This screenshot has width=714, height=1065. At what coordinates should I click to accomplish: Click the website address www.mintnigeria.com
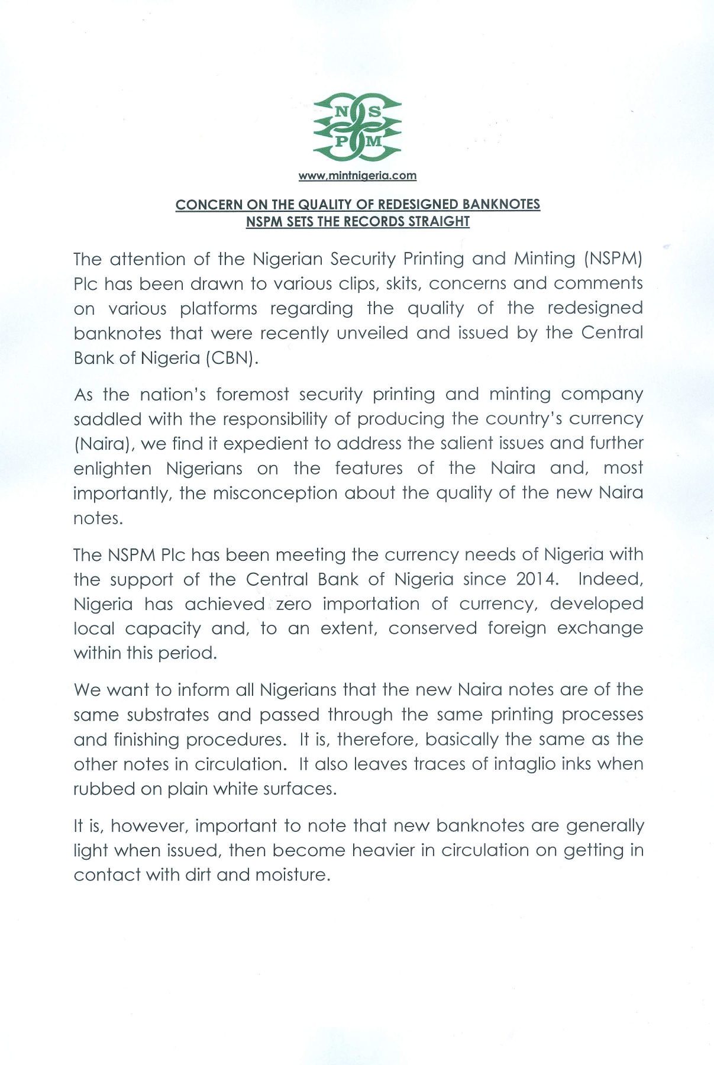coord(357,176)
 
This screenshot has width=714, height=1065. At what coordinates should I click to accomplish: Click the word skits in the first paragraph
coord(402,283)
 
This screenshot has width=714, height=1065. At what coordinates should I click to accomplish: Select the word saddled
coord(107,419)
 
